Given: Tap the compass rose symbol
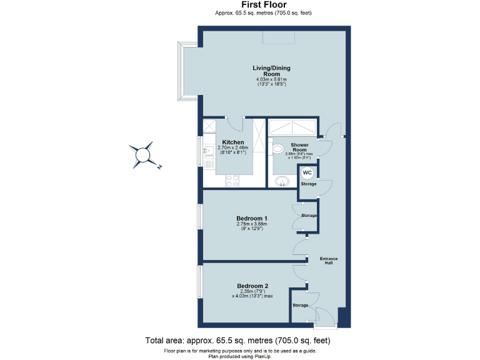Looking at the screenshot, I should point(143,154).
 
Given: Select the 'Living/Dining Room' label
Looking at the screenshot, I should point(271,71).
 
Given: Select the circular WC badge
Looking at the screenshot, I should point(307,173).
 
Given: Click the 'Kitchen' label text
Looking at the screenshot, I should point(232,142).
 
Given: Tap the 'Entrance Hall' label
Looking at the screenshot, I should point(329,260).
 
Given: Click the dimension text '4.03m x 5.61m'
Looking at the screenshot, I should point(271,79).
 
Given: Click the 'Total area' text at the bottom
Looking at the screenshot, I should point(237,341).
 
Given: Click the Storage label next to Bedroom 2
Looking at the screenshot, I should point(301,305).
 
